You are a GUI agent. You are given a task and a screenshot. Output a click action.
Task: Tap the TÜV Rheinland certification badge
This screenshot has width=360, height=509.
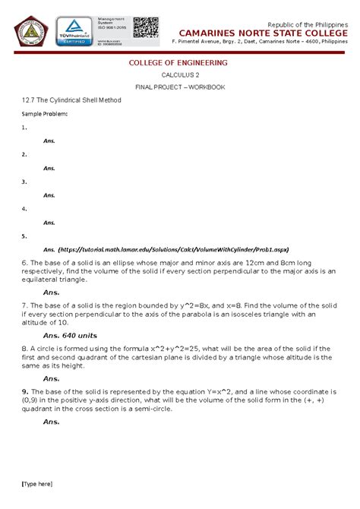tap(74, 32)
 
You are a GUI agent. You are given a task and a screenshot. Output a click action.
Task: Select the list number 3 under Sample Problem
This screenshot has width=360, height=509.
tap(24, 182)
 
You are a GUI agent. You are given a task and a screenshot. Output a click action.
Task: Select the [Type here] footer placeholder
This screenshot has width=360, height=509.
tap(37, 484)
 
